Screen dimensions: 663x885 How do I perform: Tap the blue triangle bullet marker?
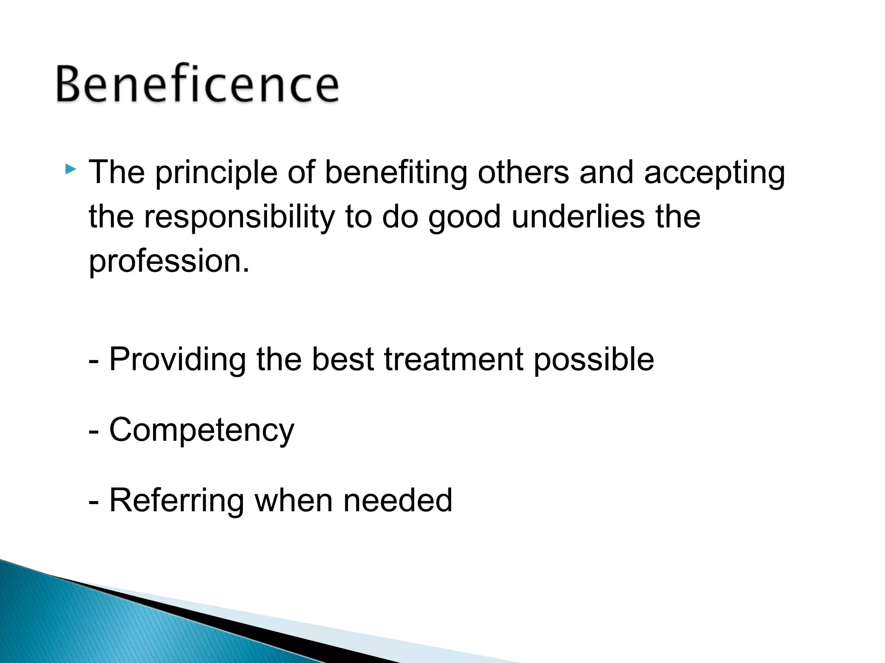[71, 169]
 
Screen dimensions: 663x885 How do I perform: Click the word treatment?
[454, 359]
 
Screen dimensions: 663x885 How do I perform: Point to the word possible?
[594, 360]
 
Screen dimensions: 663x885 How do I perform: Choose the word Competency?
[201, 431]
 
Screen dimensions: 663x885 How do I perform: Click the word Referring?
[177, 501]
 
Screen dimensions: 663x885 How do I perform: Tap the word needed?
[398, 500]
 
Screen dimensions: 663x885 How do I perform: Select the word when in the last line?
[294, 500]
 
